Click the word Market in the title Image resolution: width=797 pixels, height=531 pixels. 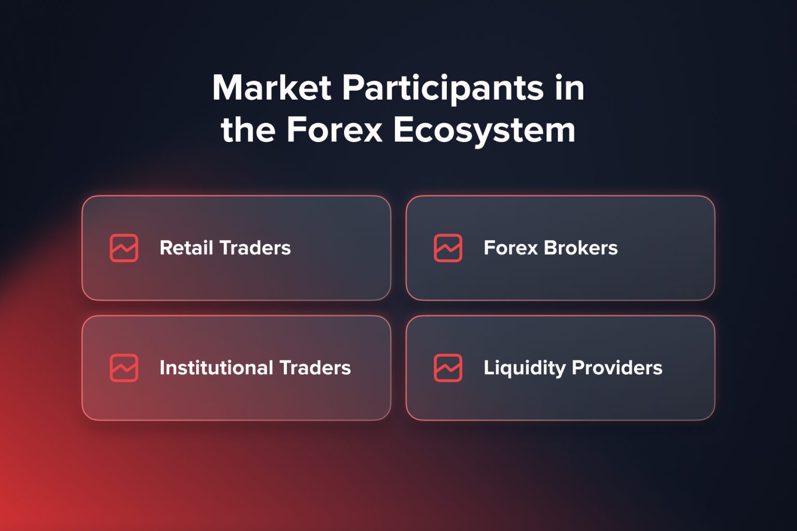tap(271, 88)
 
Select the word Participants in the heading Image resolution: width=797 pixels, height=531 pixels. tap(443, 88)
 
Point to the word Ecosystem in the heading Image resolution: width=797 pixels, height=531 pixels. tap(484, 130)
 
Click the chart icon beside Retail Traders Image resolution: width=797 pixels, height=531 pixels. tap(124, 248)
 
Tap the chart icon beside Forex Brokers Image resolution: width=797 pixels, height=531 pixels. tap(448, 248)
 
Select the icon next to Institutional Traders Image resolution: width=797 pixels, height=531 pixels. tap(124, 368)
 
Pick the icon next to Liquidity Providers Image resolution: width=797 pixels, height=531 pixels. tap(448, 368)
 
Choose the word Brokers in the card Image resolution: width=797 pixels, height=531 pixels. tap(580, 248)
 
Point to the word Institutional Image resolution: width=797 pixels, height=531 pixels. tap(216, 368)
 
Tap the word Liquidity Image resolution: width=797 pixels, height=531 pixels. tap(524, 368)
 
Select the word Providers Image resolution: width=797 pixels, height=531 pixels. tap(617, 368)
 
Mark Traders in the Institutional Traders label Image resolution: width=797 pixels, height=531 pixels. tap(315, 368)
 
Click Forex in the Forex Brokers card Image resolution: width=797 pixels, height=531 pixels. tap(511, 248)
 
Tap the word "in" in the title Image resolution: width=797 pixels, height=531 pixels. tap(569, 88)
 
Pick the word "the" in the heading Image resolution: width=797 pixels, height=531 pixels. tap(248, 130)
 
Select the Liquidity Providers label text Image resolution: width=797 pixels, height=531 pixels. tap(573, 368)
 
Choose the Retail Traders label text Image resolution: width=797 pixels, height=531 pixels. tap(225, 248)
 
